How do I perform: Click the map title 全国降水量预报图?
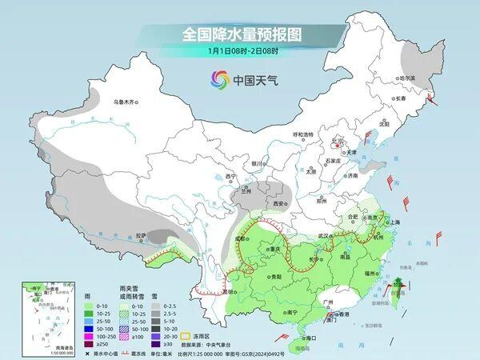pyautogui.click(x=239, y=34)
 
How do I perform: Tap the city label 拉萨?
pyautogui.click(x=141, y=235)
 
